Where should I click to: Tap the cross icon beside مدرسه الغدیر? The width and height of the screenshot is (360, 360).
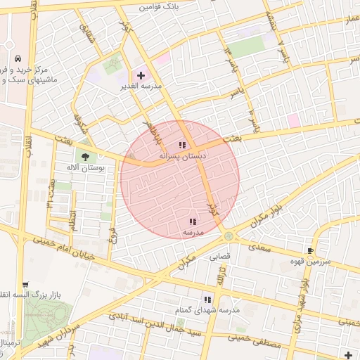pyautogui.click(x=141, y=75)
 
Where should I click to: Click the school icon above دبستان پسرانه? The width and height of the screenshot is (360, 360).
pyautogui.click(x=182, y=145)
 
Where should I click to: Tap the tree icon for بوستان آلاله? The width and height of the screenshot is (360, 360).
pyautogui.click(x=86, y=157)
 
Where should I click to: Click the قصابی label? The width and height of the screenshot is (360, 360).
pyautogui.click(x=220, y=257)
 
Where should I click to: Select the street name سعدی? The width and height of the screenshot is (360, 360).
pyautogui.click(x=261, y=248)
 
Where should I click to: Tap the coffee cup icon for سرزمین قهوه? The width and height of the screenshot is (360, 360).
pyautogui.click(x=310, y=250)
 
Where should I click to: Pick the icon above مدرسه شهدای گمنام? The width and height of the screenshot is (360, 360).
pyautogui.click(x=207, y=299)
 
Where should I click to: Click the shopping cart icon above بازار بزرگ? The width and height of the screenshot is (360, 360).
pyautogui.click(x=25, y=285)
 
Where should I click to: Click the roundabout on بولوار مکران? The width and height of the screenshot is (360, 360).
pyautogui.click(x=229, y=236)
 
